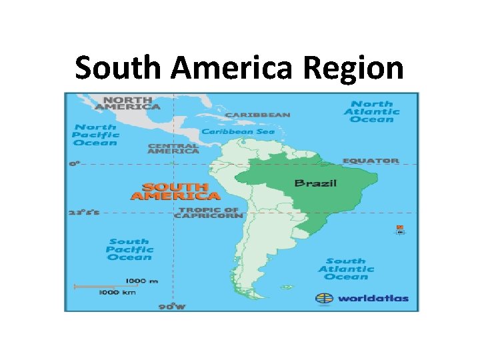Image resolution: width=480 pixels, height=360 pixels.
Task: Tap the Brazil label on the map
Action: pos(316,183)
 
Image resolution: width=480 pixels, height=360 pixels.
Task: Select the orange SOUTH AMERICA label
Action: pos(175,191)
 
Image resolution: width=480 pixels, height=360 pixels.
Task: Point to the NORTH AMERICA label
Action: pos(127,103)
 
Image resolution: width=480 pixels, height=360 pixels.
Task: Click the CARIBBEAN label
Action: pos(257,115)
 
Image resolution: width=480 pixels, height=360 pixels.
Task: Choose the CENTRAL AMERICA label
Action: pos(173,149)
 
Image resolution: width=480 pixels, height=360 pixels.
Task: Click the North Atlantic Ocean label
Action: pos(372,111)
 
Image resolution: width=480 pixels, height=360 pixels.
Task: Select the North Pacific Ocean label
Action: pos(95,134)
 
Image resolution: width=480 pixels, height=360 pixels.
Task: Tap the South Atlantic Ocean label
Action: pos(346,269)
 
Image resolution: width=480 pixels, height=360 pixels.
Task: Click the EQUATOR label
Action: pos(371,161)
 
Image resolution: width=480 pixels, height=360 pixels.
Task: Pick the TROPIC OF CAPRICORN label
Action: pos(207,213)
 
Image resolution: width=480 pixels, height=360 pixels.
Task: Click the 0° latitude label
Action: pos(74,163)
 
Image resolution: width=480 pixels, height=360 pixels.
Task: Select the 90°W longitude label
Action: pos(172,306)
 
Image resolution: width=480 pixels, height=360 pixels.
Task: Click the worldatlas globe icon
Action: pos(325,298)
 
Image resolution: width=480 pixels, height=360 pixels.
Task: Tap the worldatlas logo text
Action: pos(372,298)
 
